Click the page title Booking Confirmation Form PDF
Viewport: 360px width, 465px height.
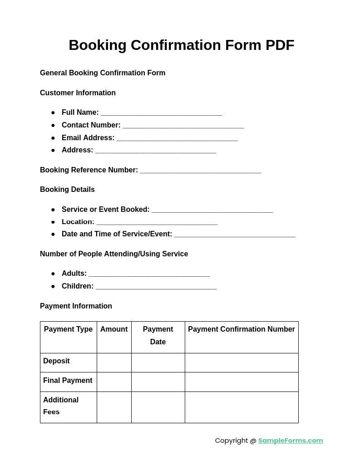click(181, 45)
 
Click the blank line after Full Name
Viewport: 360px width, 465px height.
click(161, 113)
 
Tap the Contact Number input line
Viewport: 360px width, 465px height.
click(183, 126)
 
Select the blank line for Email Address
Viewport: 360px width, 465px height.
click(177, 139)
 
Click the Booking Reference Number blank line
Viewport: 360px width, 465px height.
click(200, 171)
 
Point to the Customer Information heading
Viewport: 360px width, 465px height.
click(78, 93)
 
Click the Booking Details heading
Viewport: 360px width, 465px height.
click(67, 190)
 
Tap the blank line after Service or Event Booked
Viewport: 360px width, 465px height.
click(212, 210)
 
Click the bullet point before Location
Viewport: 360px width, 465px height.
click(53, 222)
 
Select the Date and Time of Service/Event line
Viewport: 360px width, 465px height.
click(234, 235)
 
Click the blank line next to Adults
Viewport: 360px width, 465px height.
click(149, 274)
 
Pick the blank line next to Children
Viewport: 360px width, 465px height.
click(156, 287)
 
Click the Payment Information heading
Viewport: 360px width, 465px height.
click(76, 306)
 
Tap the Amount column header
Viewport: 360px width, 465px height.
click(114, 329)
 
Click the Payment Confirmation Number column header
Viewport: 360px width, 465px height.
click(241, 329)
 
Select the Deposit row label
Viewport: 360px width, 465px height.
click(56, 361)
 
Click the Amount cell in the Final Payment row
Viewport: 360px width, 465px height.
click(114, 382)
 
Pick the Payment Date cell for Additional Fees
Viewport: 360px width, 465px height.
click(158, 407)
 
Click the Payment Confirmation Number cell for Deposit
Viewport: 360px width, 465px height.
click(242, 362)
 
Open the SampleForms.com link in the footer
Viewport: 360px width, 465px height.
click(291, 441)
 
